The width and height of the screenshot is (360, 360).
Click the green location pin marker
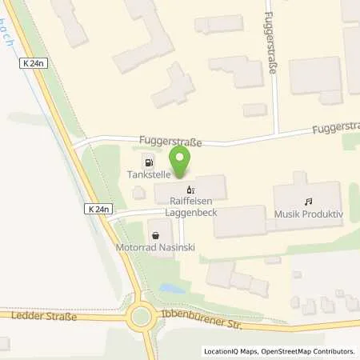[x=181, y=160]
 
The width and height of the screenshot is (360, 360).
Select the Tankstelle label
[x=145, y=174]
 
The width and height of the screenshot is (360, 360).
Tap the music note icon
[x=307, y=202]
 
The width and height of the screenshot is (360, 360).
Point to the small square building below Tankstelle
[x=139, y=192]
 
